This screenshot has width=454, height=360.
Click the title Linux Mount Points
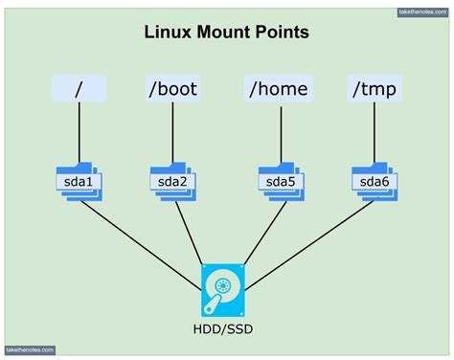(226, 33)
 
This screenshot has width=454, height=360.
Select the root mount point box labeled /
(79, 88)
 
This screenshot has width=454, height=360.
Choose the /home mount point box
(278, 88)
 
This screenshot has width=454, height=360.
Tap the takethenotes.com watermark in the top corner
(421, 12)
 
